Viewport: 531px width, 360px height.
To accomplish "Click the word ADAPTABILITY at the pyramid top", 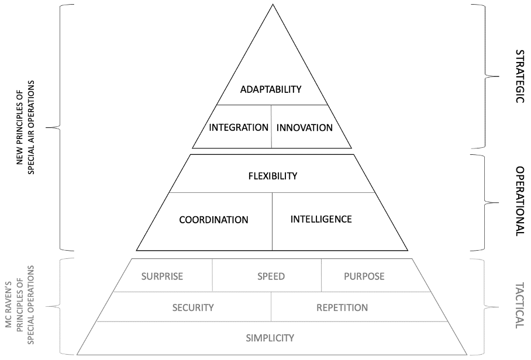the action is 271,89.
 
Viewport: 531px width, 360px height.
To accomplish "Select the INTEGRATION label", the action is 239,127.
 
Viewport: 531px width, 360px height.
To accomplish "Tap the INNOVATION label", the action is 305,127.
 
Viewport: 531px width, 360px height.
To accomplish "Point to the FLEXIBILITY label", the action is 273,176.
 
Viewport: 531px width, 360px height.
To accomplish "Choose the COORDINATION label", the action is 213,220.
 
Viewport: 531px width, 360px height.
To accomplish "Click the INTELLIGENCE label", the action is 321,219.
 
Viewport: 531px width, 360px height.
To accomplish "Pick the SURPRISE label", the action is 162,276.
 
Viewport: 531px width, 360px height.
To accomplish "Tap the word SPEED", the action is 271,276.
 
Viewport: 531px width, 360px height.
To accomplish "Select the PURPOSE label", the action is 364,276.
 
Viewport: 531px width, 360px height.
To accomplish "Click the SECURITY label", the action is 193,307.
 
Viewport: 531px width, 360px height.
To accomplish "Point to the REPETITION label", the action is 342,307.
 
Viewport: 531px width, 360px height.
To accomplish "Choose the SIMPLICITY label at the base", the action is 270,338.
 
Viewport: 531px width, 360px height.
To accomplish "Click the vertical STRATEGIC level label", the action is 520,77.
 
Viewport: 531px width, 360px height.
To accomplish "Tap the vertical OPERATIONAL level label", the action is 520,202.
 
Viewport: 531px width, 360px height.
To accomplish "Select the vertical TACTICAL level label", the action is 520,306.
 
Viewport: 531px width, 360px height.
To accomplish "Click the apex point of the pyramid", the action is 273,5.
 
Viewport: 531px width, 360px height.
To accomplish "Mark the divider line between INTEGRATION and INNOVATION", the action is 271,127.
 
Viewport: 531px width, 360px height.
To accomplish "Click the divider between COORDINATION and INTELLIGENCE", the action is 273,221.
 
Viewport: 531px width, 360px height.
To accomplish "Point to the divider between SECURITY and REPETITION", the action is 271,307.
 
